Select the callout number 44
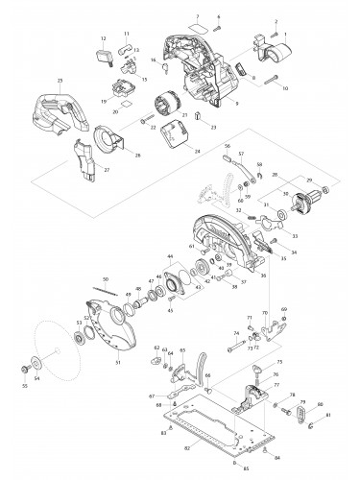[169, 258]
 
